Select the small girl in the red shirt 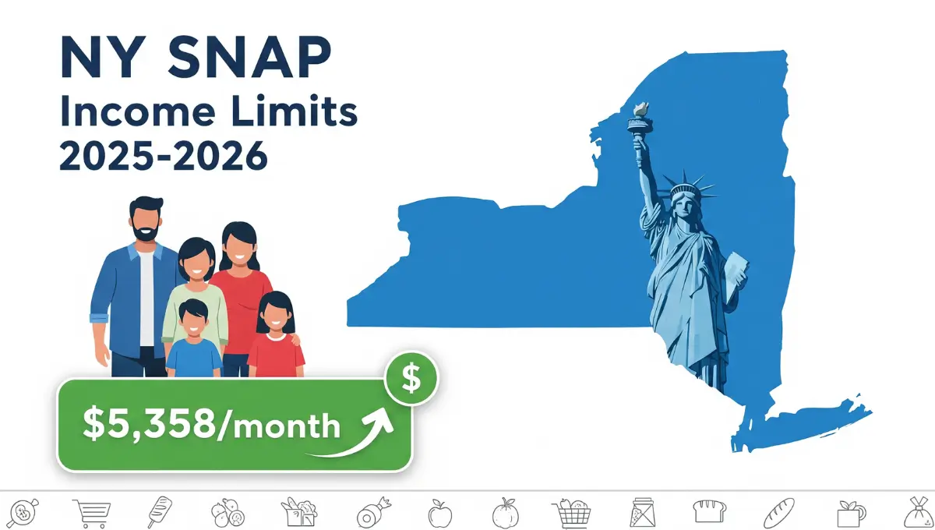tap(276, 335)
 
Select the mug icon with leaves tap(849, 513)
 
